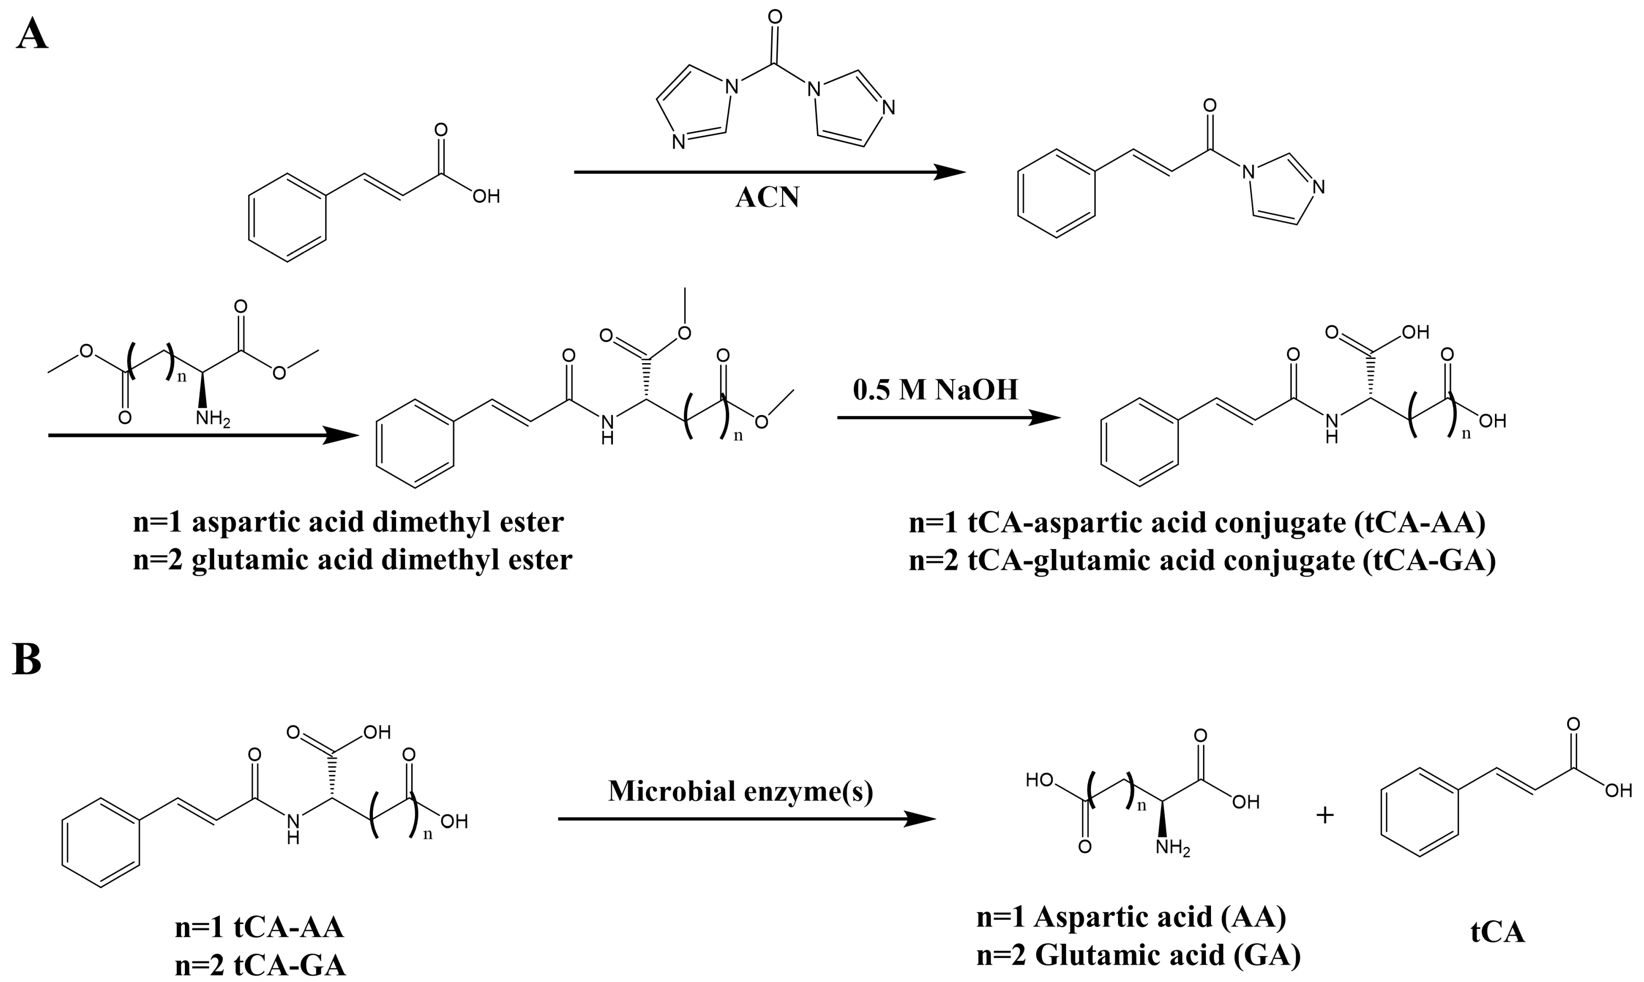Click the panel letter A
coord(32,34)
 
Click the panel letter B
coord(27,660)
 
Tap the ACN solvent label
coord(767,197)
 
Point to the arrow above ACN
coord(768,172)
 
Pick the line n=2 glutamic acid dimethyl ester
coord(352,560)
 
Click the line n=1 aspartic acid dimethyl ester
coord(348,522)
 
